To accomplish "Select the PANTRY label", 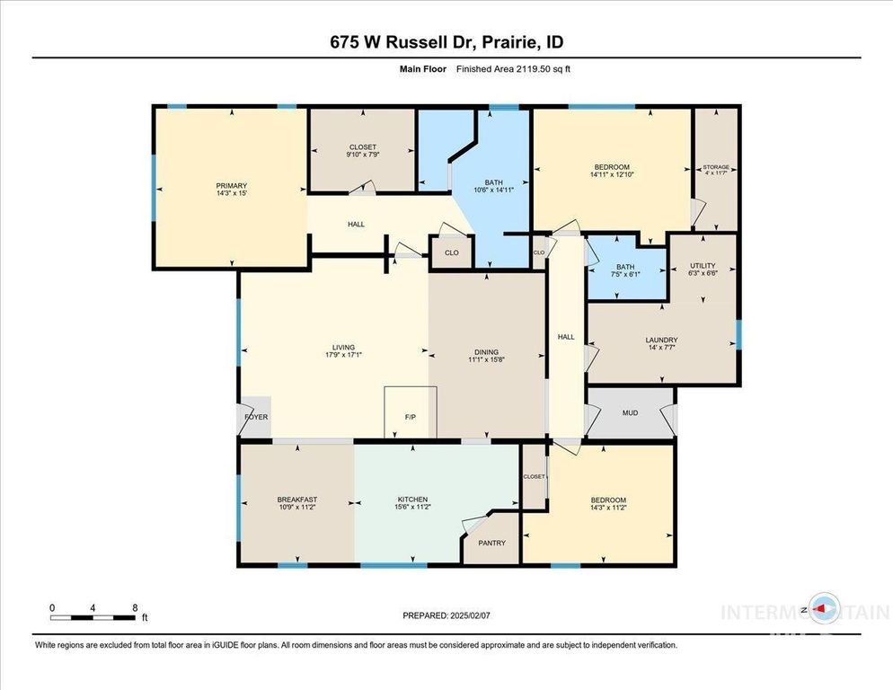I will click(491, 543).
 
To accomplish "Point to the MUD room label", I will click(630, 413).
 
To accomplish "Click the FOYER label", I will click(256, 417).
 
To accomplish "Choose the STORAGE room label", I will click(716, 167).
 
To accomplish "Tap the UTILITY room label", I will click(703, 266).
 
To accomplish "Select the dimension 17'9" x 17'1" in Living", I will click(343, 356).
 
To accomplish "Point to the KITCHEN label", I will click(412, 500).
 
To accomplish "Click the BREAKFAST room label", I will click(296, 500).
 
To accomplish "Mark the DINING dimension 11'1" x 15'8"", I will click(486, 361).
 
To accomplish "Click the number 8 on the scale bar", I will click(135, 607).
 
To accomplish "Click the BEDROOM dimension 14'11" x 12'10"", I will click(611, 176).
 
